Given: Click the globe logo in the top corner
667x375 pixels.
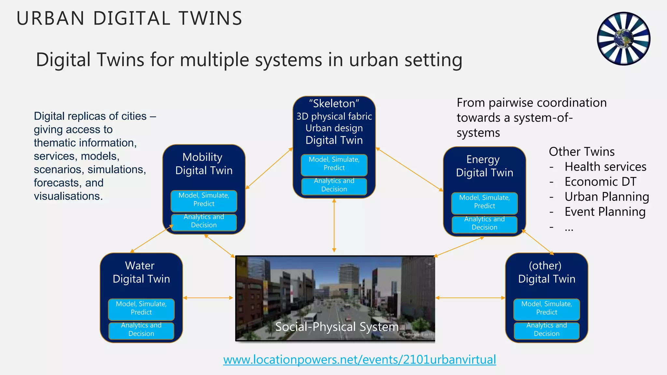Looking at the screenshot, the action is point(623,38).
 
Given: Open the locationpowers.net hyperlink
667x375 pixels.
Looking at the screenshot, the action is point(359,360).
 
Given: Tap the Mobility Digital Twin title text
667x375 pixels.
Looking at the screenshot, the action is point(204,164).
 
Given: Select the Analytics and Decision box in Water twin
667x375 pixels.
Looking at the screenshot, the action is point(141,330).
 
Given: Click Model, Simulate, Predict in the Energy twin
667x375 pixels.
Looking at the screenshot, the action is point(484,202).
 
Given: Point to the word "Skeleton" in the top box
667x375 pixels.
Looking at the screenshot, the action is point(334,104).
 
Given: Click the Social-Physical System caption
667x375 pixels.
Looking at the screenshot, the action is point(337,326).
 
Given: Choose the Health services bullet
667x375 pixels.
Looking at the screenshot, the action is point(605,167).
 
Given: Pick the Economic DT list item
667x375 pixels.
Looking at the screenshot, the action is point(600,182).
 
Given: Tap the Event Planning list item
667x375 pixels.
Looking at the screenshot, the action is point(605,212).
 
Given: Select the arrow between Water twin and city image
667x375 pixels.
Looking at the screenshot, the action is point(208,298).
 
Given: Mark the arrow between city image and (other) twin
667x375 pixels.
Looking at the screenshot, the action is point(470,298).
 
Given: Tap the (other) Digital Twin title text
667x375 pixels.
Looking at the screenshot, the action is point(546,272).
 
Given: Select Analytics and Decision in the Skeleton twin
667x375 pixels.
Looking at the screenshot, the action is point(334,185).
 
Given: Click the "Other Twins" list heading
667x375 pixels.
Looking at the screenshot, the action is point(582,152).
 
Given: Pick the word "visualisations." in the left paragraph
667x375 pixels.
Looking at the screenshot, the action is point(68,196).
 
